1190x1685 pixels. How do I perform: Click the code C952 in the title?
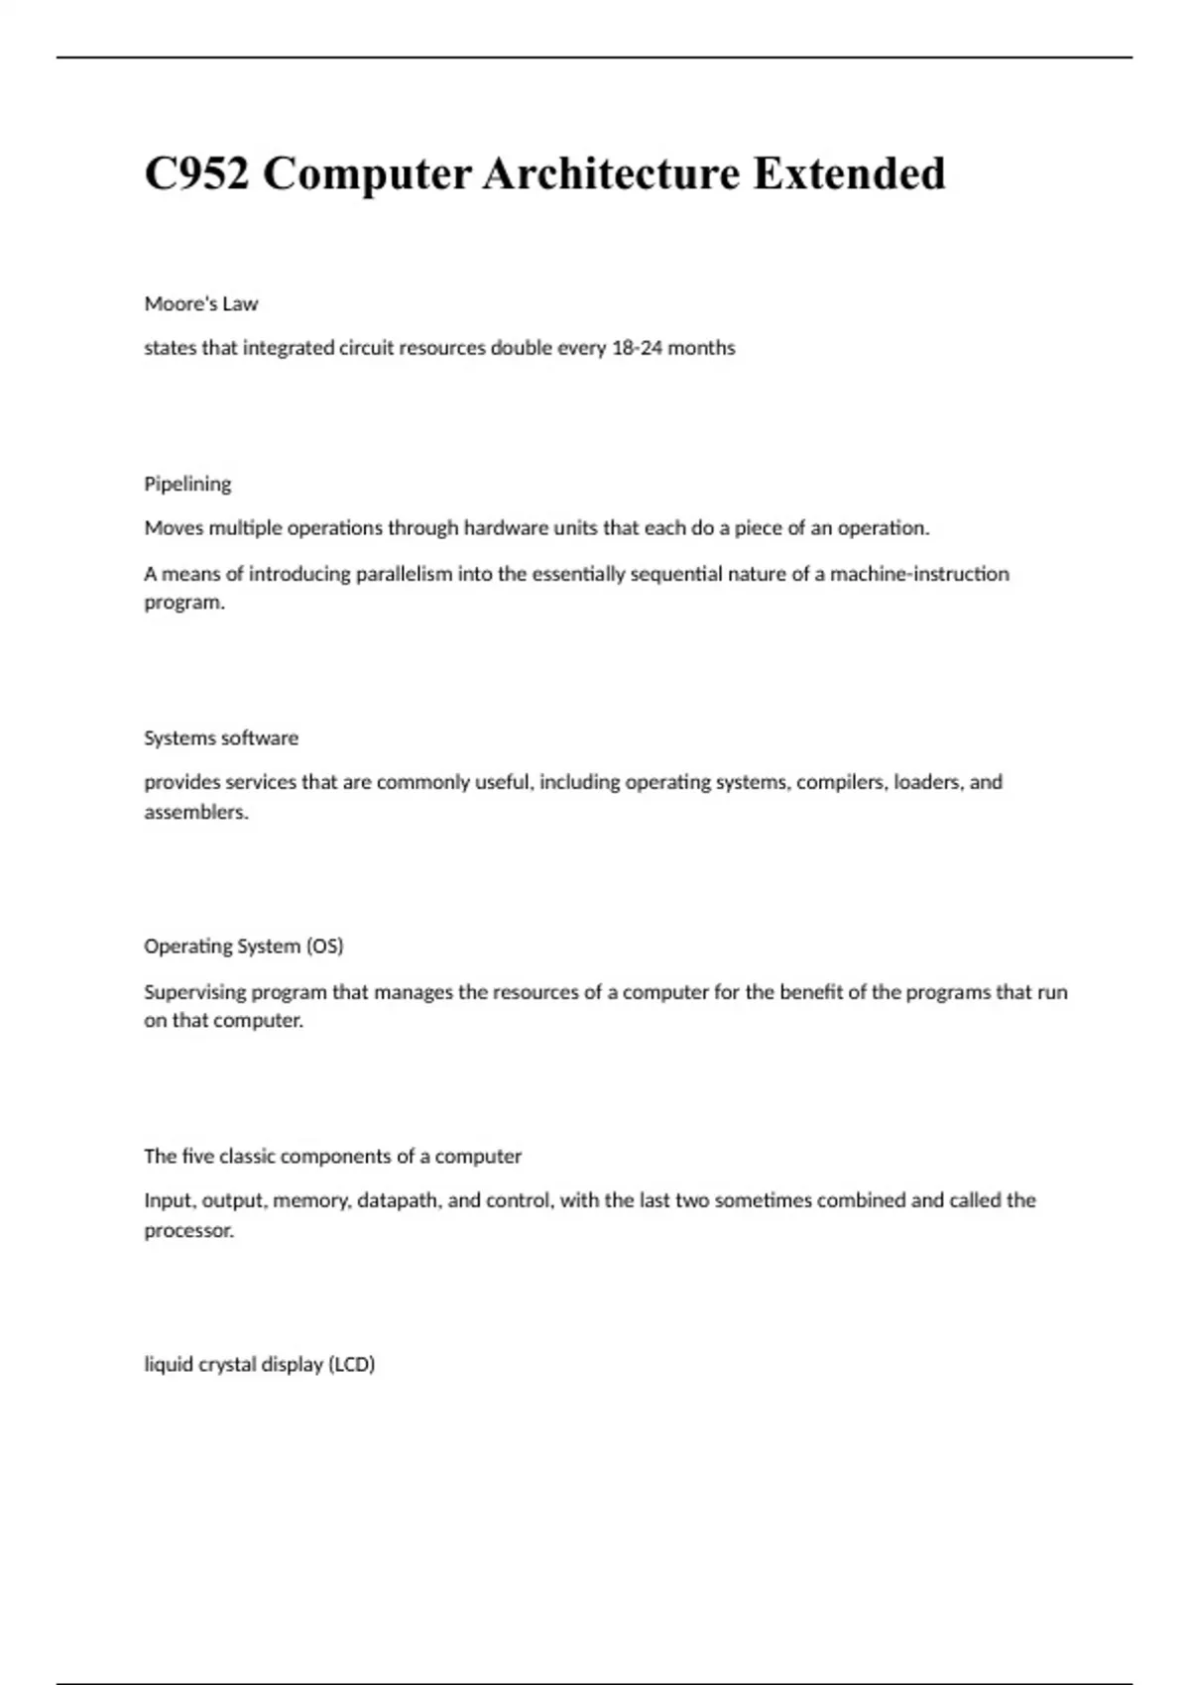coord(196,174)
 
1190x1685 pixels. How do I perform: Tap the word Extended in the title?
coord(849,174)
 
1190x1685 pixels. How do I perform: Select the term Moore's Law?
coord(201,304)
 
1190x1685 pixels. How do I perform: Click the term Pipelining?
coord(187,485)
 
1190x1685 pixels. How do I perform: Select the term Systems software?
coord(221,738)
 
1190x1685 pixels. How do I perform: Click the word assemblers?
coord(195,813)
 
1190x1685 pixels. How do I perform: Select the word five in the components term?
coord(197,1157)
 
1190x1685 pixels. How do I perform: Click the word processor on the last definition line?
coord(188,1231)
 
